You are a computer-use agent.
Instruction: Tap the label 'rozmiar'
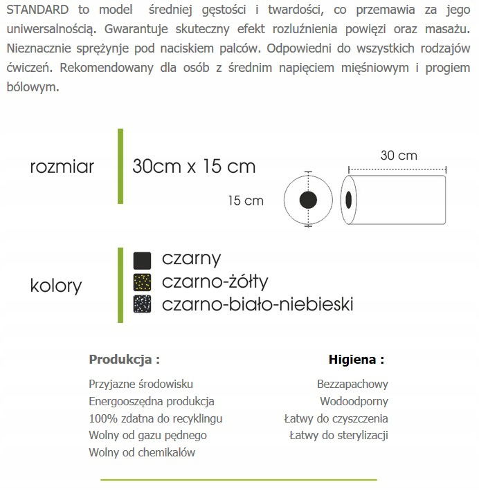tap(62, 167)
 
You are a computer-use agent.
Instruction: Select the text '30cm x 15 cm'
tap(194, 167)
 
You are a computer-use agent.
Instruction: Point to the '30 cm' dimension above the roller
tap(398, 156)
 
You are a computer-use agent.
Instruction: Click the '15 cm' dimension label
tap(246, 201)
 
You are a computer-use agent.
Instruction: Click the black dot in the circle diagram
tap(308, 201)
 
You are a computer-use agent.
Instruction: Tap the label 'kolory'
tap(56, 286)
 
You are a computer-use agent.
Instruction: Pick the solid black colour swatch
tap(142, 260)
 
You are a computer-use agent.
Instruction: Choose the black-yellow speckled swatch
tap(142, 282)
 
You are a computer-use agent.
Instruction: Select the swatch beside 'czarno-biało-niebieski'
tap(142, 304)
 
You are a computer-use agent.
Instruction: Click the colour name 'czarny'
tap(191, 259)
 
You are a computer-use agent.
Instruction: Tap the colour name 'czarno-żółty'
tap(215, 281)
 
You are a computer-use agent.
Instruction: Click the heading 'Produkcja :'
tap(125, 360)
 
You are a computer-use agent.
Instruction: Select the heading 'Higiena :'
tap(356, 360)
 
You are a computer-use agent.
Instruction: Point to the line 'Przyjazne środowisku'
tap(141, 384)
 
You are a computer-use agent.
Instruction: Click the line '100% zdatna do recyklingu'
tap(156, 418)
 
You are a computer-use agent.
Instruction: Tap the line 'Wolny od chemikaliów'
tap(142, 453)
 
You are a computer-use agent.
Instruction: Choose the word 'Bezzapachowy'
tap(352, 384)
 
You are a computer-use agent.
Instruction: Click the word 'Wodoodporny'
tap(354, 401)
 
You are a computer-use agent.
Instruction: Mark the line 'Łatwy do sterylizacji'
tap(338, 436)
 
